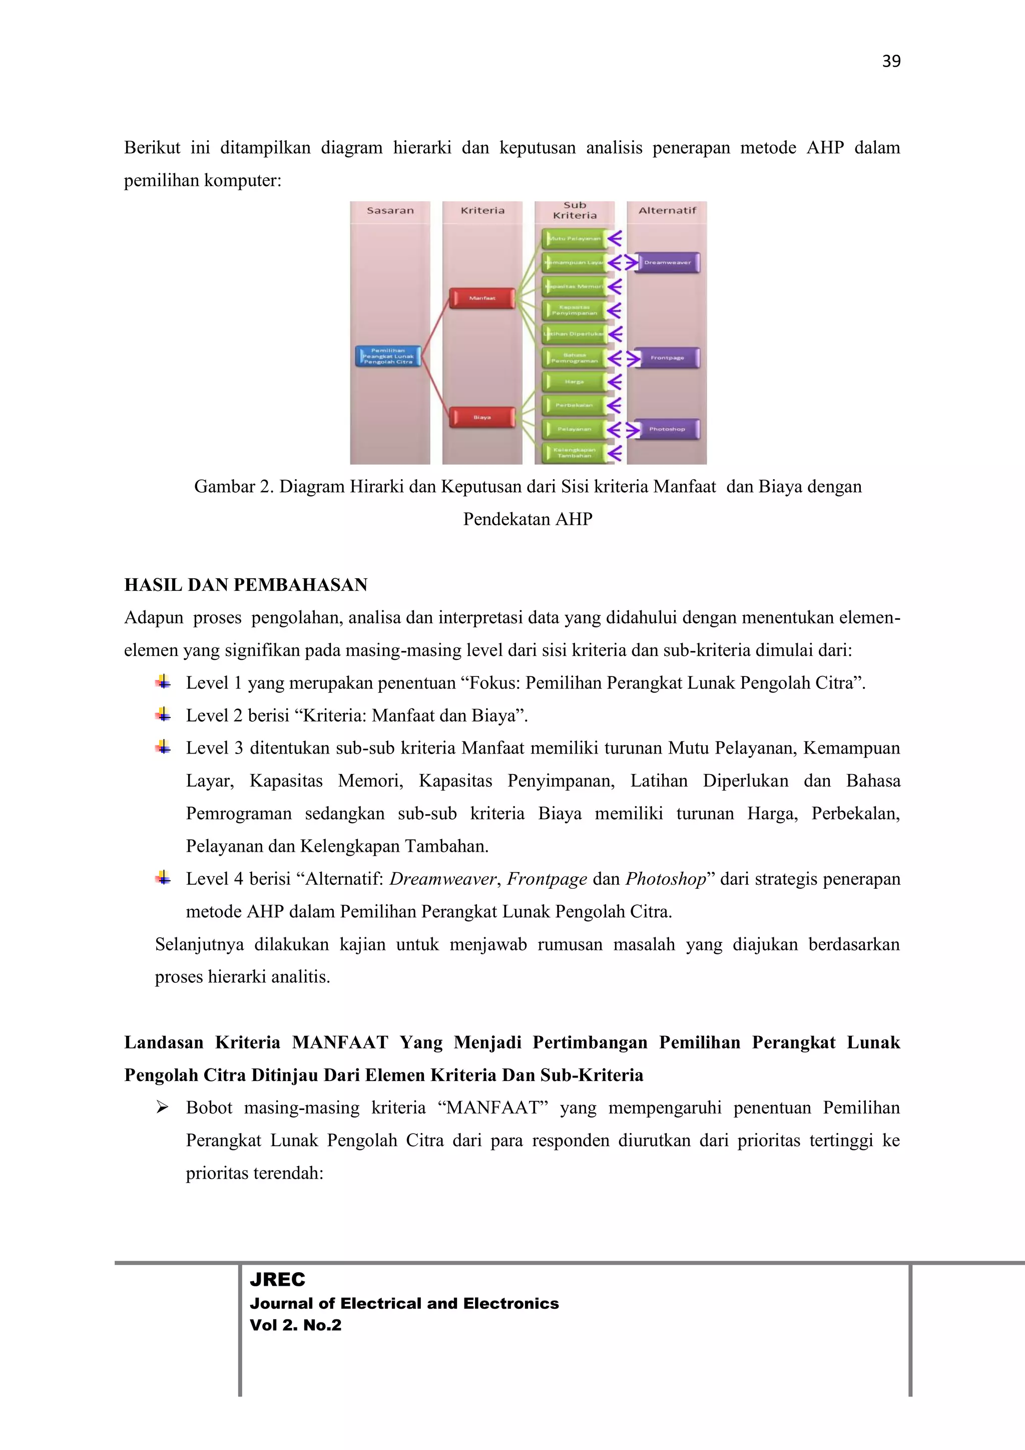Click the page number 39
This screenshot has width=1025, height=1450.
click(x=890, y=61)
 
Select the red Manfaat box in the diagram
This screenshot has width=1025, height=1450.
click(x=482, y=298)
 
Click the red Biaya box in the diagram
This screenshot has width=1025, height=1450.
click(x=482, y=418)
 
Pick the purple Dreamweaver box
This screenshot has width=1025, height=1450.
click(x=667, y=263)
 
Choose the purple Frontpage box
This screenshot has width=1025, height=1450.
click(x=667, y=358)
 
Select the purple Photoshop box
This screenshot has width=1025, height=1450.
click(x=667, y=430)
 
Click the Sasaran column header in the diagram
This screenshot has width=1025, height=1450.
click(x=390, y=211)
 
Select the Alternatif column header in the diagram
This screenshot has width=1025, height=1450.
click(x=667, y=211)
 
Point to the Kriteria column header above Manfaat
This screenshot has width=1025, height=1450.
click(x=482, y=211)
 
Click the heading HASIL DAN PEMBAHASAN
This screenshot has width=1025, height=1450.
click(x=246, y=585)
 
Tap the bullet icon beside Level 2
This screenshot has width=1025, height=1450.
click(x=163, y=715)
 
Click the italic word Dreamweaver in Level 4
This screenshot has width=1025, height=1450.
click(x=442, y=879)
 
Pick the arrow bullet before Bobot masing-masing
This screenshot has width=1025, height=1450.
click(x=162, y=1108)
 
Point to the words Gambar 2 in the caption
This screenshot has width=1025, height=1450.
click(x=232, y=487)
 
